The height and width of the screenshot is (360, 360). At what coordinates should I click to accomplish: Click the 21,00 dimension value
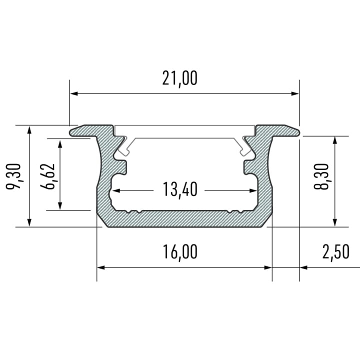[180, 78]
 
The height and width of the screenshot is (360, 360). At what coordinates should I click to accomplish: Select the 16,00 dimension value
[180, 252]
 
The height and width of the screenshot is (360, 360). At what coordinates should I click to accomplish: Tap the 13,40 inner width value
[180, 190]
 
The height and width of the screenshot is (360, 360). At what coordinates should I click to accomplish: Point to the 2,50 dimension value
[335, 252]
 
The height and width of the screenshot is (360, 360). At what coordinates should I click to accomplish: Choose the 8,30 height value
[322, 176]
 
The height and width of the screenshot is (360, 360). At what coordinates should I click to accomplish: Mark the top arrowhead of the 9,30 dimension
[30, 129]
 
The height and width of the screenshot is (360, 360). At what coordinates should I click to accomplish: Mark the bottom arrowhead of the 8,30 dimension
[334, 223]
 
